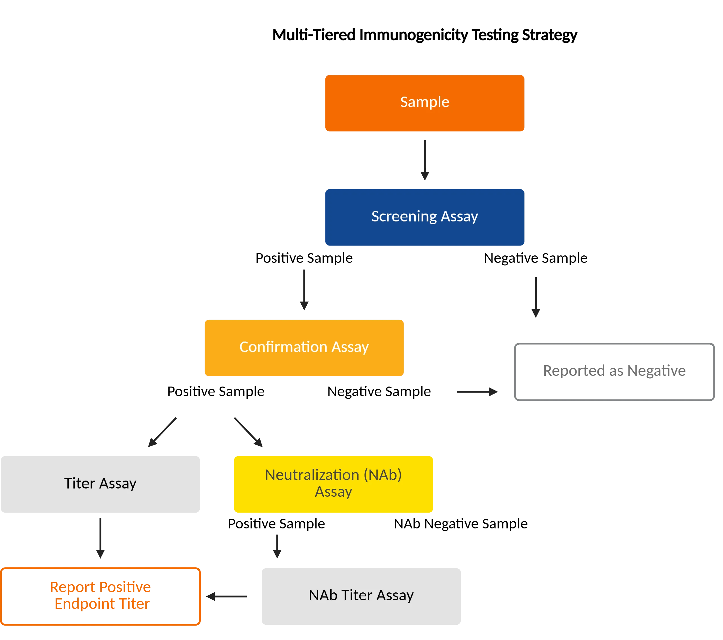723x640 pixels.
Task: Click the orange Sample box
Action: [425, 103]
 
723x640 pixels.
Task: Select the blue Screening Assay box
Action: [425, 217]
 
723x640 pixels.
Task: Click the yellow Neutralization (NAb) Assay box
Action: [334, 484]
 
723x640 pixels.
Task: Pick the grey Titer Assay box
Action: [101, 484]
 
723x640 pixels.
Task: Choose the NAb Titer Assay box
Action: [361, 596]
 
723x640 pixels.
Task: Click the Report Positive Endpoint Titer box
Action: [101, 596]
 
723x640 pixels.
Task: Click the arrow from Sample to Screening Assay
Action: [425, 159]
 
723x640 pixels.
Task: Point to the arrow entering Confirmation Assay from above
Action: [304, 289]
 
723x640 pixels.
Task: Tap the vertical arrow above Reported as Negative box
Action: [536, 297]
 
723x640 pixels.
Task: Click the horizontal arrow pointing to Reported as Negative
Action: [476, 392]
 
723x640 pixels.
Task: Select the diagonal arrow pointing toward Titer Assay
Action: [162, 432]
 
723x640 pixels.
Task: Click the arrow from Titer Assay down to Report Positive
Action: [100, 537]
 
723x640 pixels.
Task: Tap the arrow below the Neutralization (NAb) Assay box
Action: [277, 545]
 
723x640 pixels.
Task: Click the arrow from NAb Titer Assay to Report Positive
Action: [226, 596]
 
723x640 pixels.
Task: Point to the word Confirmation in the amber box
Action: [283, 347]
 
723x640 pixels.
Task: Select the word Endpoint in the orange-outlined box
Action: [85, 604]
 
